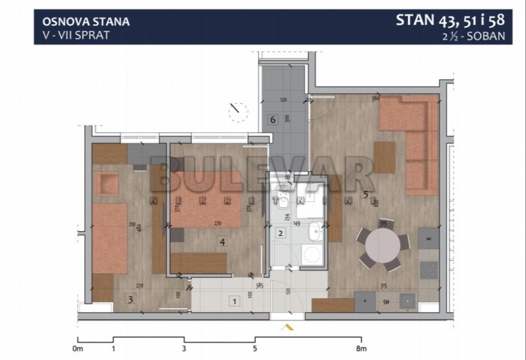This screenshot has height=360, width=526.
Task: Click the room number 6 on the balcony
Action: [272, 119]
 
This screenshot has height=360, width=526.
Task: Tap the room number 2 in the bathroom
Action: [281, 233]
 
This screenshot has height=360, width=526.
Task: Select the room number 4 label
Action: [223, 242]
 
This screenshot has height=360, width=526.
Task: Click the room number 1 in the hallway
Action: [234, 301]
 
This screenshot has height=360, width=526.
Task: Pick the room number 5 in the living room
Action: [366, 194]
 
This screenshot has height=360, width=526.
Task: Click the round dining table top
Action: [382, 245]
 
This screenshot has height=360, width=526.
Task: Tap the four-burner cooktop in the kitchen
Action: [429, 270]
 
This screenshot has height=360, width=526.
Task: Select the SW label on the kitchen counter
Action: [386, 302]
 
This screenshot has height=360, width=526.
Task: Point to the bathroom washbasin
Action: [315, 231]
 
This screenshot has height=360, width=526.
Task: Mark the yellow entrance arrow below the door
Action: [287, 327]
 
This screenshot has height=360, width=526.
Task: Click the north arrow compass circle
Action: [238, 112]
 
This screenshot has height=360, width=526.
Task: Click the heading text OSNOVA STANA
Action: [86, 22]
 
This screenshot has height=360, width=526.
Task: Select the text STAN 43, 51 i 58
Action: [450, 20]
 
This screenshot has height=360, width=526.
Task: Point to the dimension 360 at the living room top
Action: [375, 98]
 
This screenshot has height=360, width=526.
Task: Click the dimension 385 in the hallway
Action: [259, 287]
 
